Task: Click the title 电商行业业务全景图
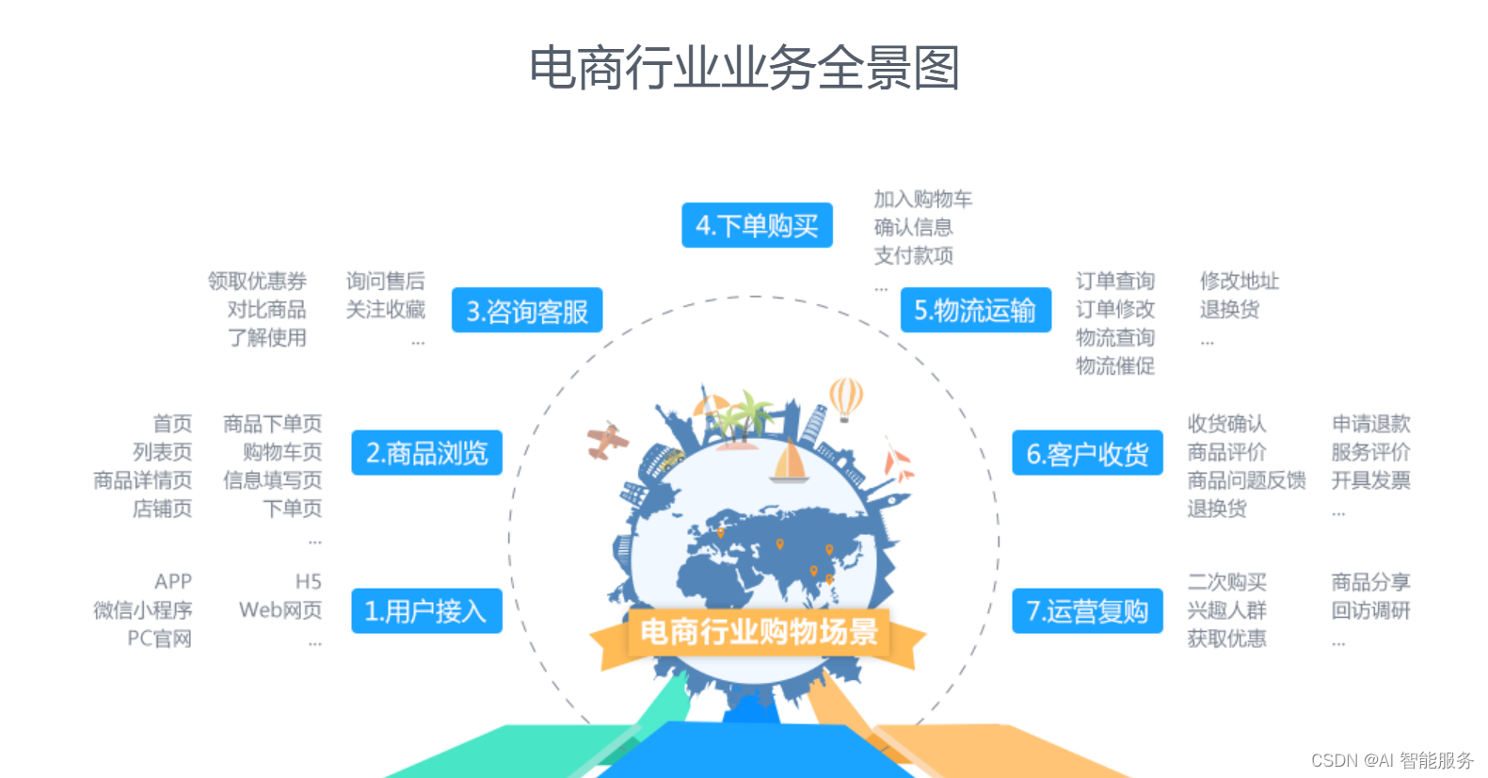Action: [x=744, y=68]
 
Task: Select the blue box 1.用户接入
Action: [x=426, y=611]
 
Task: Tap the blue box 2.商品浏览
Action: [x=426, y=453]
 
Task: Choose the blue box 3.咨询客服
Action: [x=527, y=311]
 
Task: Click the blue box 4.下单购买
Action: [x=757, y=226]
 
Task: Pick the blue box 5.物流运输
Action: [x=975, y=311]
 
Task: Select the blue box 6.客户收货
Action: [x=1087, y=454]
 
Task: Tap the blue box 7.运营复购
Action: [x=1087, y=611]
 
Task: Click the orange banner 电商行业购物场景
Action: [x=759, y=631]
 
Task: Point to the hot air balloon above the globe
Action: [x=845, y=397]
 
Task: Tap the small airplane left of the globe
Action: [x=607, y=440]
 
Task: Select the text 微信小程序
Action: [x=143, y=610]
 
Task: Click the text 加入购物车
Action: [x=922, y=199]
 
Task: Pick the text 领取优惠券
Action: [x=257, y=281]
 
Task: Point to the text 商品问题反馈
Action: [x=1246, y=480]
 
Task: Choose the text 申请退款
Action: [x=1370, y=424]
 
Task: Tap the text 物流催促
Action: [x=1115, y=365]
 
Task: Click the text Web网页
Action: [x=280, y=610]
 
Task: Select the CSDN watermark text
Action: [x=1392, y=760]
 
